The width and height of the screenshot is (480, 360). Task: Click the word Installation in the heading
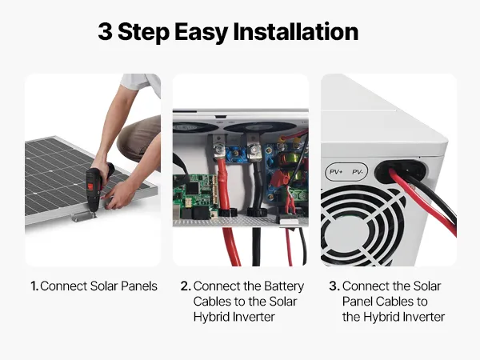click(296, 31)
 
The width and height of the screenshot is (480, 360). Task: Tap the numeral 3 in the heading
click(105, 31)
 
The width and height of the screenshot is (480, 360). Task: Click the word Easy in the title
click(202, 33)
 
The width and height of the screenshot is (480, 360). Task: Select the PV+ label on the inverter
click(336, 172)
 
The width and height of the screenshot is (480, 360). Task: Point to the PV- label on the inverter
click(358, 172)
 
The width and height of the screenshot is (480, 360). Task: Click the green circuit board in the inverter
click(196, 196)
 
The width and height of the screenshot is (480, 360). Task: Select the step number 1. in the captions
click(34, 286)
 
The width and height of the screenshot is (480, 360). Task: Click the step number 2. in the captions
click(186, 286)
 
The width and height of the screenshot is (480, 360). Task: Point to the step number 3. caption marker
click(334, 286)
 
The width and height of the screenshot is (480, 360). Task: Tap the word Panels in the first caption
click(139, 286)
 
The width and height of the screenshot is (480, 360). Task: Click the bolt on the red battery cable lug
click(218, 150)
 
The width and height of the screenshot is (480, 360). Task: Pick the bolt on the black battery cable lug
click(254, 150)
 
